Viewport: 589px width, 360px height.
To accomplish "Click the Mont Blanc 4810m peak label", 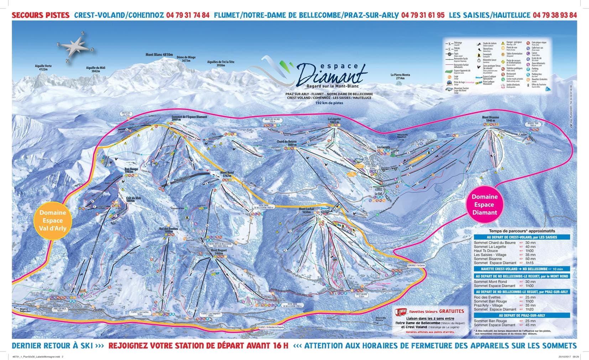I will [159, 55].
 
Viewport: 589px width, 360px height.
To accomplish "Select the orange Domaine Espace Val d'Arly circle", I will [53, 220].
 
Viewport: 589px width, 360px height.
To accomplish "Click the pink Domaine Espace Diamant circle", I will [484, 204].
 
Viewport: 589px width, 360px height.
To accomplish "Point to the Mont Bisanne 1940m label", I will [490, 119].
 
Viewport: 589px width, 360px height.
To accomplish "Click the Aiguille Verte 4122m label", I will [43, 68].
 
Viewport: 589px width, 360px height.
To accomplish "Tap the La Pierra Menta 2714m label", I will [400, 76].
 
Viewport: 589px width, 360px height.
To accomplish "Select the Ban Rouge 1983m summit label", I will [131, 171].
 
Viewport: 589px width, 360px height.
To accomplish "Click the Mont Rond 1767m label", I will [227, 174].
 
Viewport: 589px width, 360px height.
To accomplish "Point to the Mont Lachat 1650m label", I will [307, 210].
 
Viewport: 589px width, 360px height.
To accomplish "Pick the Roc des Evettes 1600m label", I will [168, 230].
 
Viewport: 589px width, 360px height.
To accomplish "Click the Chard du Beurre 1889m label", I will [287, 143].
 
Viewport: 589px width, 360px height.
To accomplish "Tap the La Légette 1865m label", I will [334, 120].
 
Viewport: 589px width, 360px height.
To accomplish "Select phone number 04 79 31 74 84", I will [188, 15].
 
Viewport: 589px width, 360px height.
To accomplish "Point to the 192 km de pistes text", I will [329, 103].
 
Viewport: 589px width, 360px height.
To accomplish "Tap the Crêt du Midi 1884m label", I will [134, 199].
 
